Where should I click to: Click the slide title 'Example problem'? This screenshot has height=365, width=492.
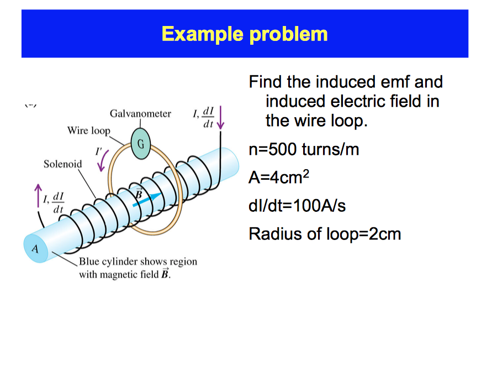tap(245, 34)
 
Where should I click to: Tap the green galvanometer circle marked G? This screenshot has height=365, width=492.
tap(141, 144)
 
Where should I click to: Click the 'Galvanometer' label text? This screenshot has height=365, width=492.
tap(140, 114)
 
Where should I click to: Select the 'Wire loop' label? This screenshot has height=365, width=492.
tap(88, 131)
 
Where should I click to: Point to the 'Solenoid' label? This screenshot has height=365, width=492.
tap(62, 164)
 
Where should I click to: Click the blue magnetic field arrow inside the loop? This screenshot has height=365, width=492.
tap(148, 200)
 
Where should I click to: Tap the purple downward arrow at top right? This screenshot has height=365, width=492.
tap(220, 116)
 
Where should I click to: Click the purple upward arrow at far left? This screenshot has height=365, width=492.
tap(38, 196)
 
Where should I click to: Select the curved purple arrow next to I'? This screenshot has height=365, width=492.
tap(102, 160)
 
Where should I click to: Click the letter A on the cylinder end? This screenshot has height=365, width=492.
tap(35, 248)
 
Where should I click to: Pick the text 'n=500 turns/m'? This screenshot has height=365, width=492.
tap(304, 149)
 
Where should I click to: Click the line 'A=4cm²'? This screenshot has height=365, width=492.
tap(279, 178)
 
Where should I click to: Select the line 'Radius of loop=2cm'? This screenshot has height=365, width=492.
tap(325, 234)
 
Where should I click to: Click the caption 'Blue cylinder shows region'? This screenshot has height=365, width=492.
tap(137, 261)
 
